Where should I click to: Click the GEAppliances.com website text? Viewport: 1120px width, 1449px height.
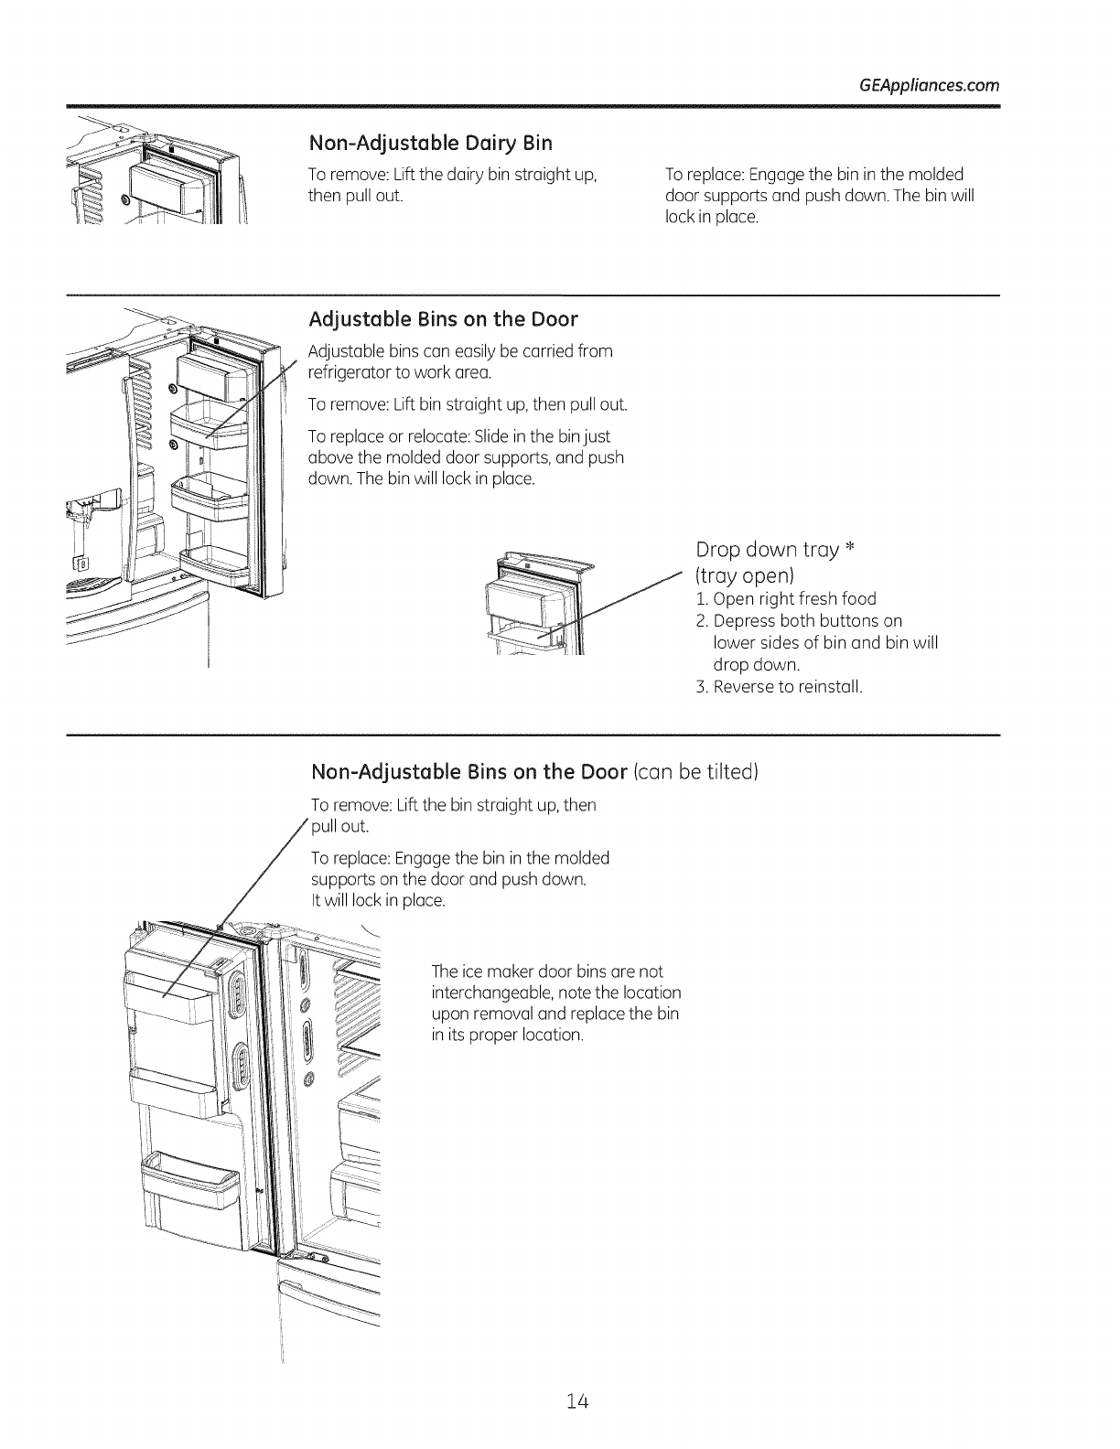click(x=930, y=86)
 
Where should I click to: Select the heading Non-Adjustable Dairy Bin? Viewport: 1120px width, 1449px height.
click(x=432, y=144)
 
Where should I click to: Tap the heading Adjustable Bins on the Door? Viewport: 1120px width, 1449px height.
click(x=444, y=319)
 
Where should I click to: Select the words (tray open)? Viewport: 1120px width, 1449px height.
click(x=744, y=575)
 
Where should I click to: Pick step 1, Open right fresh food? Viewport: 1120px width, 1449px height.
click(x=786, y=599)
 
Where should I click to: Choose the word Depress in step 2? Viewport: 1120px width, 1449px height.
click(x=743, y=621)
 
